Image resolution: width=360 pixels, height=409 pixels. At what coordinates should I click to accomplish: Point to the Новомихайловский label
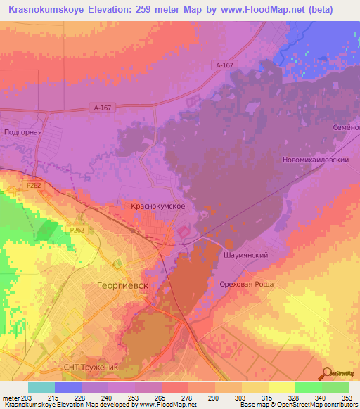tap(315, 160)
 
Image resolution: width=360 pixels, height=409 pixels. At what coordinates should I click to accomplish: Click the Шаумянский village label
tap(246, 255)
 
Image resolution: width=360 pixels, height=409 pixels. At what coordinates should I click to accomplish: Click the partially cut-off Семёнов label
tap(349, 127)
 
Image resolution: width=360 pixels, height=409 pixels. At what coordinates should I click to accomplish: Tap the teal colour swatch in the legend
tap(41, 387)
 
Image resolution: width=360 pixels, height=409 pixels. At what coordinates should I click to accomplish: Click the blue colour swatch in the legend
tap(67, 387)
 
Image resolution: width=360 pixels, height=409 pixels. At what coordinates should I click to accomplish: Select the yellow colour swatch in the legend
tap(281, 387)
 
